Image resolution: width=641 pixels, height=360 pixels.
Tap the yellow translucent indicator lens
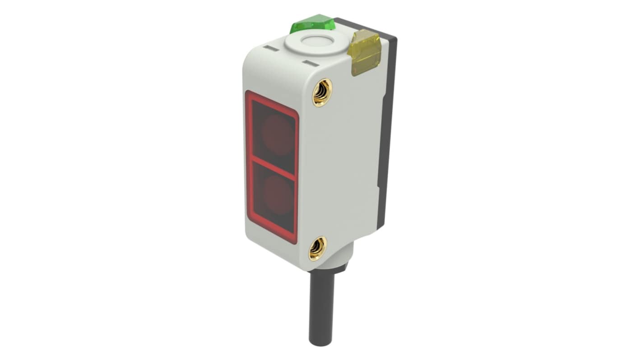364,52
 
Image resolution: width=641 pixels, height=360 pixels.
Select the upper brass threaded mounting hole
322,92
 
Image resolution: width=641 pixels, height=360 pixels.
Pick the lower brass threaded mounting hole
317,248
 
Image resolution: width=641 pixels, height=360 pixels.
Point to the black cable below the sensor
321,307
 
